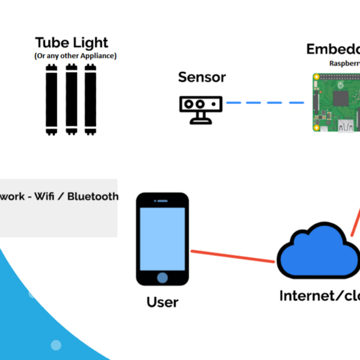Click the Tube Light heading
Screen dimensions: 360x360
(x=71, y=43)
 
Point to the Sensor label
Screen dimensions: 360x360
(x=202, y=77)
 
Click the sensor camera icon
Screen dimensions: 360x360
(x=201, y=109)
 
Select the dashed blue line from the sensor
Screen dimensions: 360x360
(x=265, y=103)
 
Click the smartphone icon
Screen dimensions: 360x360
(x=162, y=239)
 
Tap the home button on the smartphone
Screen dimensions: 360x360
(x=162, y=277)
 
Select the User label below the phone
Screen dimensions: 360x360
(x=163, y=301)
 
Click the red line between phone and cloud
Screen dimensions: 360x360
(x=233, y=256)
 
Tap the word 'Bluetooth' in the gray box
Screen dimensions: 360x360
(x=93, y=196)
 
